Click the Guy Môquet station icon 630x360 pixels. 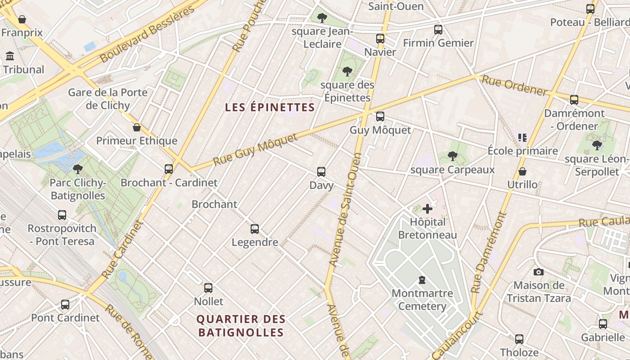coord(380,117)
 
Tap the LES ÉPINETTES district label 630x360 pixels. coord(270,108)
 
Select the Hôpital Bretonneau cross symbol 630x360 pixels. coord(427,209)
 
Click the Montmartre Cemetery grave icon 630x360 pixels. coord(422,280)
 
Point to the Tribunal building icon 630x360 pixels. coord(10,56)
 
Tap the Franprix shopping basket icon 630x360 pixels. coord(22,19)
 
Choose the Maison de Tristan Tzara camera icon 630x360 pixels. coord(538,272)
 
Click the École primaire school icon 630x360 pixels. coord(522,137)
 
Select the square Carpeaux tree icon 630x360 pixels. coord(452,156)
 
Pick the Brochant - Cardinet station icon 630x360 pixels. coord(169,169)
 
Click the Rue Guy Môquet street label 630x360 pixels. coord(256,149)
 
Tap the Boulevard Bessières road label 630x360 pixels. coord(148,34)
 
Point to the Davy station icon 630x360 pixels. coord(321,171)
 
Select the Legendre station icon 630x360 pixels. coord(255,229)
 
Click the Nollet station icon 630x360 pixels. coord(208,288)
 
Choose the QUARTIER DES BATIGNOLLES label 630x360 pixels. coord(241,326)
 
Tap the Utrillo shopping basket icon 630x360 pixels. coord(522,171)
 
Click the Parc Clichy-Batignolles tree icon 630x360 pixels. coord(77,169)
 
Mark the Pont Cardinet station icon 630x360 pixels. coord(65,305)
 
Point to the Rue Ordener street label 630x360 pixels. coord(514,85)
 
